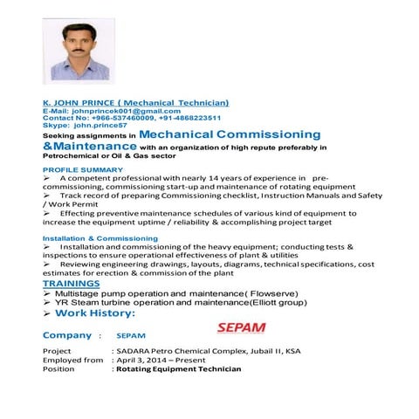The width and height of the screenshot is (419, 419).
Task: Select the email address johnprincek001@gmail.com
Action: pos(127,111)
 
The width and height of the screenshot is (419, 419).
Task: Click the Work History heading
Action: pos(96,313)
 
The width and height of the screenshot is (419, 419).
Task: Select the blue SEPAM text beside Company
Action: pos(130,336)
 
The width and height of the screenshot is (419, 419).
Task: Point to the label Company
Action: pos(67,335)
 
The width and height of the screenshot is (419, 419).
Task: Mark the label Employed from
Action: pos(73,360)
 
